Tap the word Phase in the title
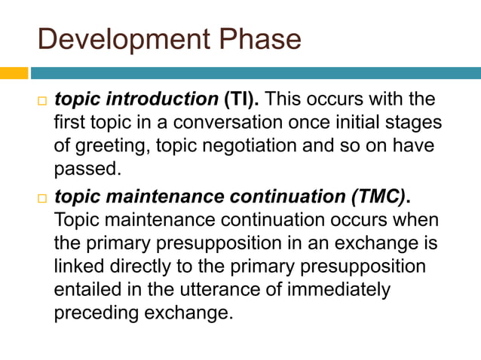(x=260, y=38)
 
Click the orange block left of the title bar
(x=14, y=73)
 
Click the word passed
(x=87, y=168)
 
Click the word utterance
(x=211, y=289)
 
